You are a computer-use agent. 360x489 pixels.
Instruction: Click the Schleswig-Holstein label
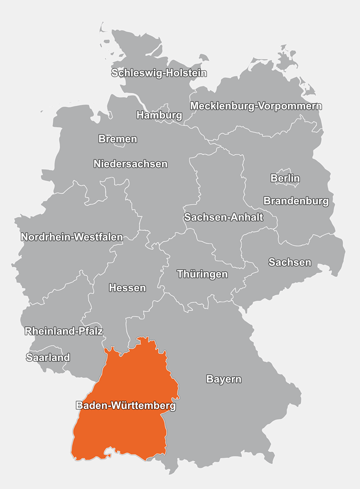[x=159, y=73]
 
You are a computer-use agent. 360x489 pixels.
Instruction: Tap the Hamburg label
[x=159, y=115]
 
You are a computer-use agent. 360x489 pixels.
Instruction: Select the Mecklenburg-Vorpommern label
[x=256, y=106]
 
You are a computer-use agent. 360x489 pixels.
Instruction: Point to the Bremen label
[x=117, y=139]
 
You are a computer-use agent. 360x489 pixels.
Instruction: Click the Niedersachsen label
[x=130, y=164]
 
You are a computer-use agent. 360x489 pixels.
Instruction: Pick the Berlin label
[x=285, y=178]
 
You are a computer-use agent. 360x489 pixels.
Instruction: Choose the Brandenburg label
[x=296, y=201]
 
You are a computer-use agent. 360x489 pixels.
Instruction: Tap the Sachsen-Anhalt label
[x=223, y=218]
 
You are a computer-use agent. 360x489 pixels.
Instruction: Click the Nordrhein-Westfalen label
[x=72, y=237]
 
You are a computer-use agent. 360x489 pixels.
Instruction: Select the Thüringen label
[x=202, y=274]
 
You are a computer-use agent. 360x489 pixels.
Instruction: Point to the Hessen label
[x=127, y=288]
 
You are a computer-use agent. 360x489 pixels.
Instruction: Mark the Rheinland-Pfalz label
[x=64, y=332]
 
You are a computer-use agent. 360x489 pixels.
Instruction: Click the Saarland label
[x=48, y=358]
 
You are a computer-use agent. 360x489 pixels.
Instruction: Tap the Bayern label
[x=224, y=379]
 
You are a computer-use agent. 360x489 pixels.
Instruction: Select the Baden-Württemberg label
[x=126, y=406]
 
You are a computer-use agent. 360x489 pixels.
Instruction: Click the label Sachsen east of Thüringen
[x=290, y=262]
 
